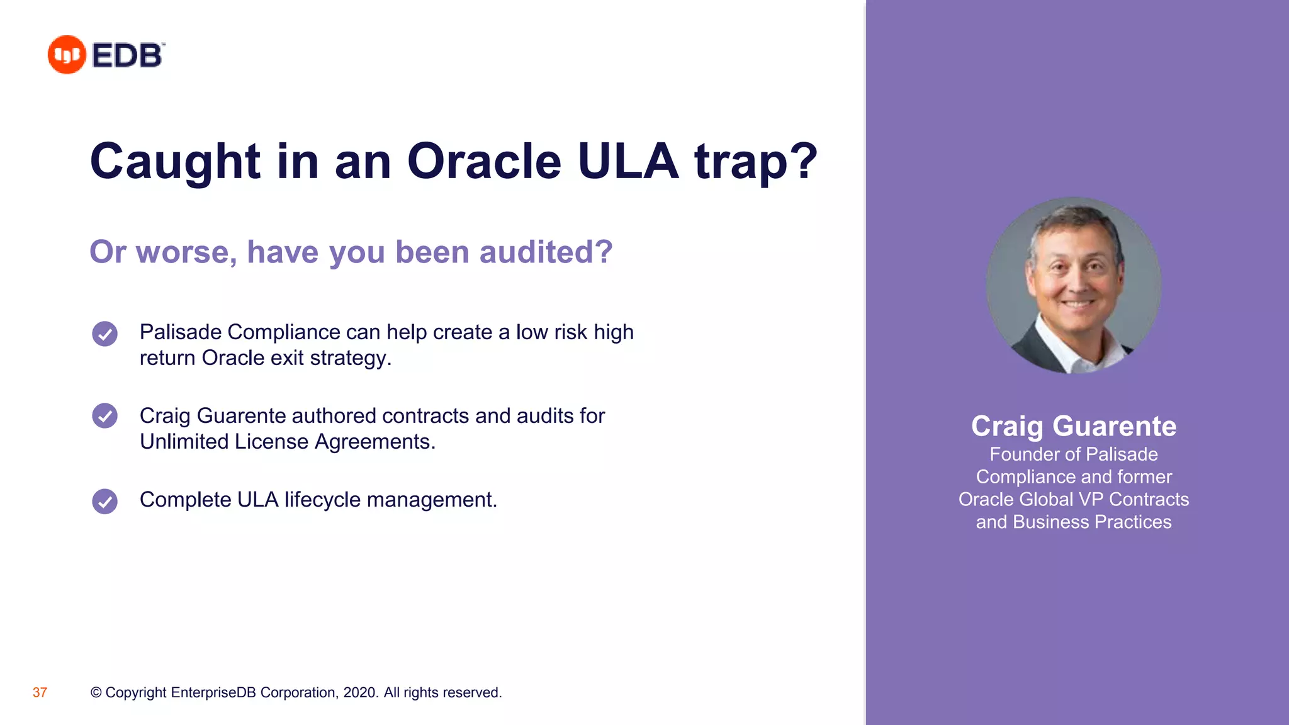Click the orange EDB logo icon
67,55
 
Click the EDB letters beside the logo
127,55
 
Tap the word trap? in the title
755,162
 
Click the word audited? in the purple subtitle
546,252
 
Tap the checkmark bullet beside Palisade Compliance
104,334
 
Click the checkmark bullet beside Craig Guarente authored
104,416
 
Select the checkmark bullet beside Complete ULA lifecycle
104,502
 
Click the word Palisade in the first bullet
180,332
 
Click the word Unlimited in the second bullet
184,442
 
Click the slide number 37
40,693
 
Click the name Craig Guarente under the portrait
1073,426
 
